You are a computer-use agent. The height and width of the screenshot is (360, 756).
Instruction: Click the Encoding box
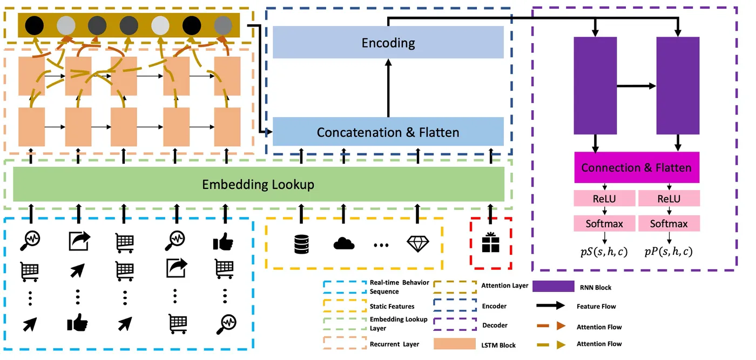coord(388,43)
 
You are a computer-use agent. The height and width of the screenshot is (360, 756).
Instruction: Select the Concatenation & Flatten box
coord(388,132)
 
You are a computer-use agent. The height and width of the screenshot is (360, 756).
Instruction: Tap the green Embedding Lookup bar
coord(258,185)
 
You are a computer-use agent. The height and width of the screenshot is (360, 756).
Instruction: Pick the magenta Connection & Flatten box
coord(636,167)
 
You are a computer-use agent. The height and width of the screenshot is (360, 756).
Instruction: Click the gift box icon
coord(490,243)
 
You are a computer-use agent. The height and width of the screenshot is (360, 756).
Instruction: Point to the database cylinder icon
coord(301,244)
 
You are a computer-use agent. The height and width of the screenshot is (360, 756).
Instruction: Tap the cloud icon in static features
coord(343,244)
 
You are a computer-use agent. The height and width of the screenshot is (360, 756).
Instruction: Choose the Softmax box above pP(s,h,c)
coord(669,223)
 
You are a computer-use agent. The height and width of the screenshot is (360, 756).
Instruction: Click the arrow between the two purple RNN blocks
coord(636,86)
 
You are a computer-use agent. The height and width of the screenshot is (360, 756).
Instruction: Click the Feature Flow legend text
coord(596,306)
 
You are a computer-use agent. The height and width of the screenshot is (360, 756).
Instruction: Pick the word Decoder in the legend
coord(494,325)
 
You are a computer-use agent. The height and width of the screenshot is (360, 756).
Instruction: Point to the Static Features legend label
coord(392,306)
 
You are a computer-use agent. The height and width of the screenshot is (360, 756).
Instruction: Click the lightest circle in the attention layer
coord(160,25)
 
